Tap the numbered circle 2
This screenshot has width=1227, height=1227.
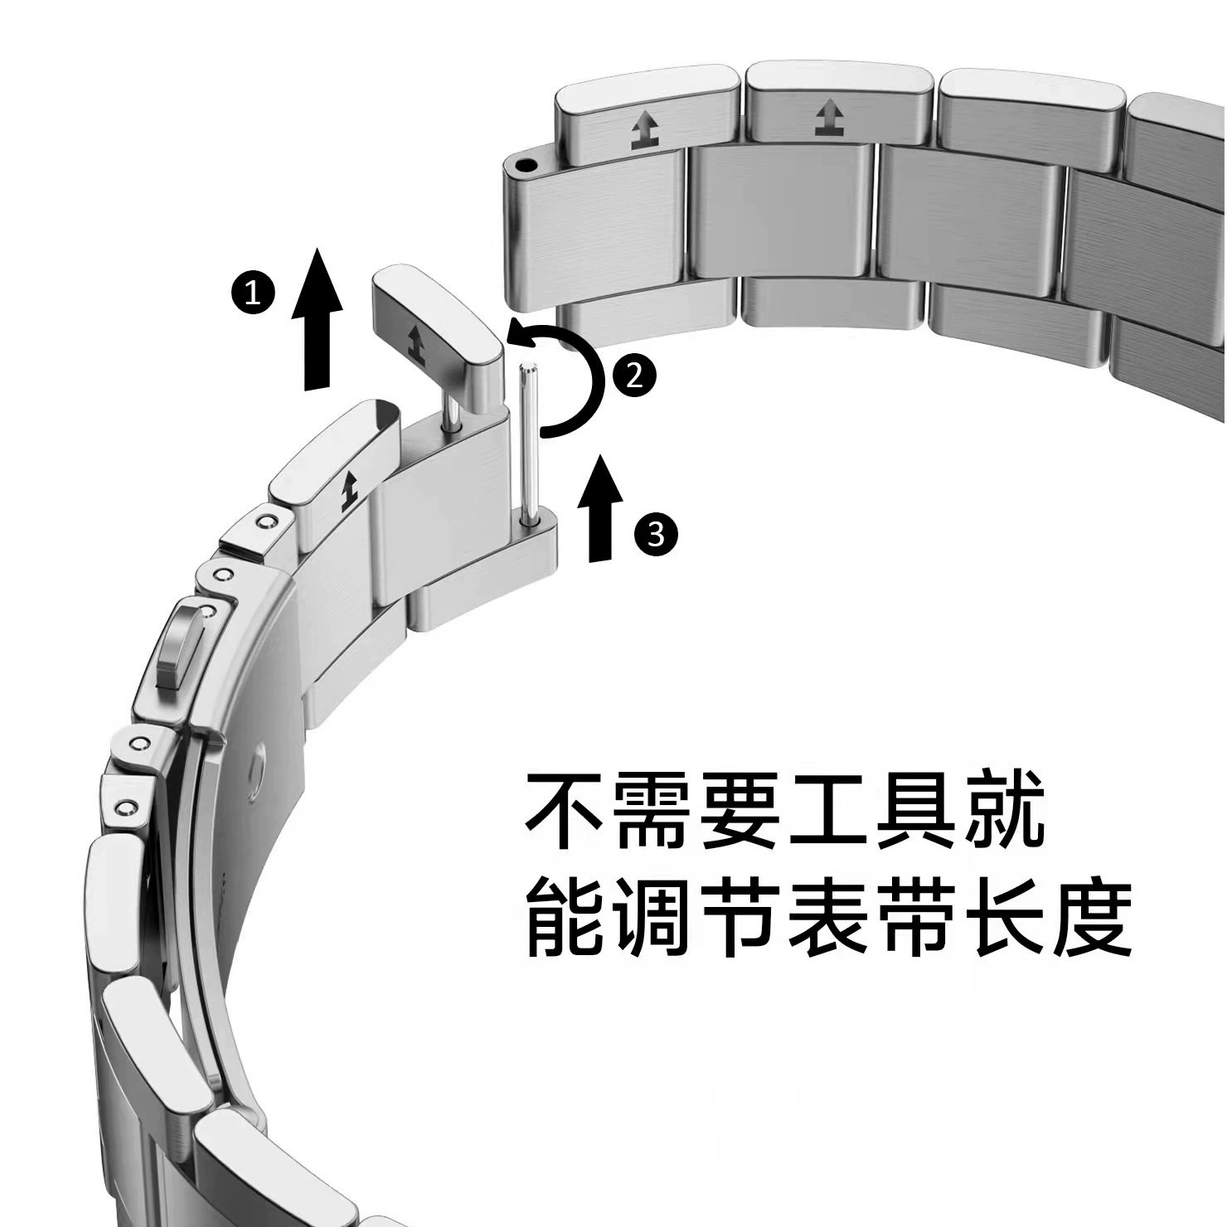pyautogui.click(x=634, y=376)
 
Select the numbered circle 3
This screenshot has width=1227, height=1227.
pyautogui.click(x=656, y=534)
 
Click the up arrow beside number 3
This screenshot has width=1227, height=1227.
pyautogui.click(x=599, y=507)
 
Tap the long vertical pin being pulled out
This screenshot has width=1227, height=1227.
pyautogui.click(x=526, y=444)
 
